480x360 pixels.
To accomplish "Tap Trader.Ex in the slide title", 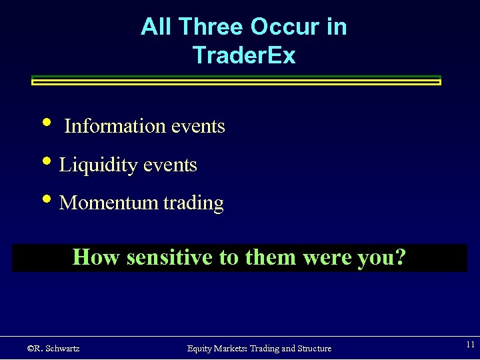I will click(243, 55).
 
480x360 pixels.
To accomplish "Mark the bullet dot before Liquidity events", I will click(45, 162).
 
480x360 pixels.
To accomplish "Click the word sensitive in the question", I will click(167, 257).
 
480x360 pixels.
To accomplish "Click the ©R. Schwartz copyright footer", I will click(53, 348).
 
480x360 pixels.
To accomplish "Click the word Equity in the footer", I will click(201, 348).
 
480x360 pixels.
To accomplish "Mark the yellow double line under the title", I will click(237, 81).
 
